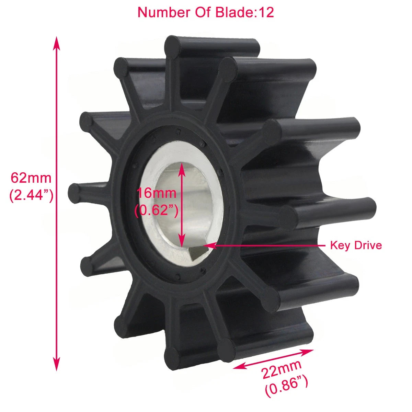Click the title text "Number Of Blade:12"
click(206, 12)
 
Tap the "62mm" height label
click(31, 178)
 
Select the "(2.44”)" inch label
click(31, 195)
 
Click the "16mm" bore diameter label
click(157, 193)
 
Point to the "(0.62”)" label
click(157, 210)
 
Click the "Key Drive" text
click(356, 245)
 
